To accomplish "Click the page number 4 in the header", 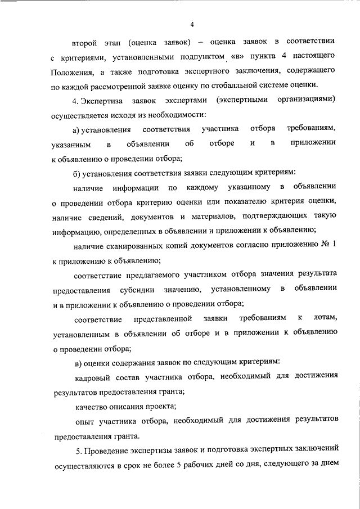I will (192, 25).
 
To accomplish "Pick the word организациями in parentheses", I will (307, 100).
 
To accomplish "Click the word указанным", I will (70, 143).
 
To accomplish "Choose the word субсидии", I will (138, 289).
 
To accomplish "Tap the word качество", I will (92, 406).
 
